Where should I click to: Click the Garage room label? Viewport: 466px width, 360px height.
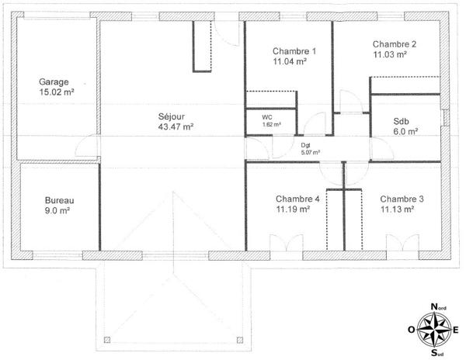54,81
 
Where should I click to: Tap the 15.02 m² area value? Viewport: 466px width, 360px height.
57,92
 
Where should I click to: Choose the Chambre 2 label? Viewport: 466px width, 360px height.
394,44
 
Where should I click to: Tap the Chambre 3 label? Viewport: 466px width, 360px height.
402,199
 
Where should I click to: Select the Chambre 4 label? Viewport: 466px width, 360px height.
297,199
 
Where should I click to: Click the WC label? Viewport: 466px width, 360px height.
266,116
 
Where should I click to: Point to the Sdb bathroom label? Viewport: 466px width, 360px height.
401,121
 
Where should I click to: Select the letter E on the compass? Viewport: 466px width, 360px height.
456,330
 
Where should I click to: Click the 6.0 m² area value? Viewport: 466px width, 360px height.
405,132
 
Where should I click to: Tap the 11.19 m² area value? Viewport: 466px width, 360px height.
293,209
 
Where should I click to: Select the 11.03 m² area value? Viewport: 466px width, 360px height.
390,55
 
